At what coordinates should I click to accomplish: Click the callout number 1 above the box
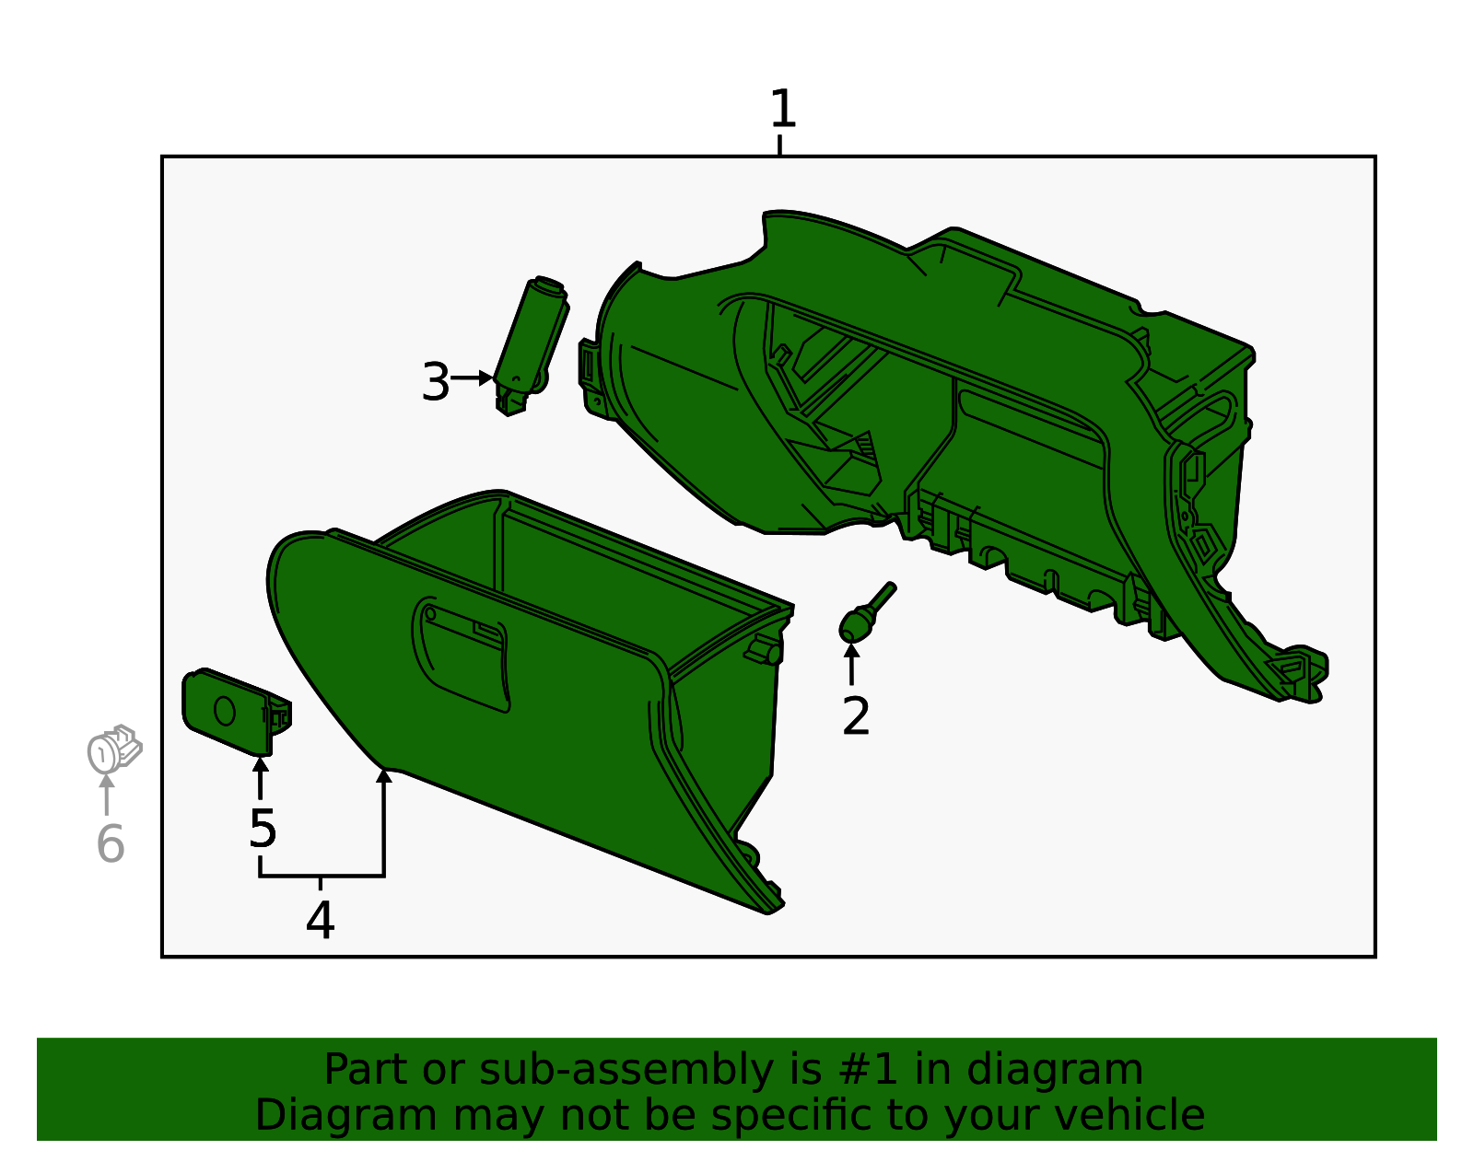coord(782,110)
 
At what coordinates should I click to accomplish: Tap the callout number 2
coord(856,716)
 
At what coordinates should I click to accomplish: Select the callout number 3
coord(435,382)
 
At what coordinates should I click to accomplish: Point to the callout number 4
coord(320,920)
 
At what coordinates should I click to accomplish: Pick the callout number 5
coord(263,829)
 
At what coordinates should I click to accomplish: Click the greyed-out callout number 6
coord(111,843)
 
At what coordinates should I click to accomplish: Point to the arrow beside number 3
coord(474,378)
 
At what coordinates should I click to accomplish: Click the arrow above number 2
coord(852,663)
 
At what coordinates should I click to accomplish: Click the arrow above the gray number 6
coord(107,794)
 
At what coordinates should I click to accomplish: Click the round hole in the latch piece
coord(224,711)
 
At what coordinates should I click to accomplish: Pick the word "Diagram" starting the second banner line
coord(307,1115)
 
